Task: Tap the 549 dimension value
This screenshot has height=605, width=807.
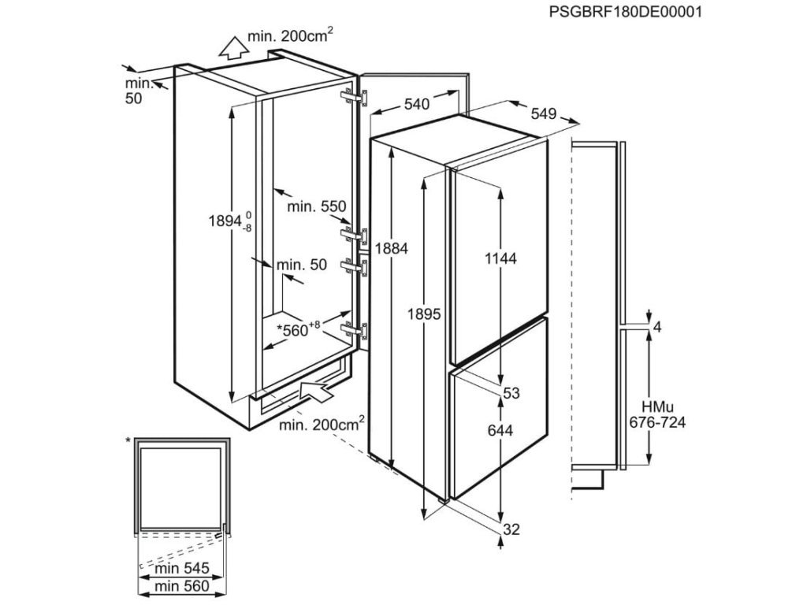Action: coord(544,113)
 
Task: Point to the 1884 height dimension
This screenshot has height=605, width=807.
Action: coord(392,247)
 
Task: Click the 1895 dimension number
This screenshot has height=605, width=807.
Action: coord(424,313)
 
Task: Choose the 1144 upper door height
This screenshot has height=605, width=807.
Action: coord(500,258)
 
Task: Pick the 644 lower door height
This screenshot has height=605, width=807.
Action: coord(500,430)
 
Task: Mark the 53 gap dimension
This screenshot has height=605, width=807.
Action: coord(512,394)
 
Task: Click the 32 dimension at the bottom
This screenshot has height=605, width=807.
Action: coord(511,529)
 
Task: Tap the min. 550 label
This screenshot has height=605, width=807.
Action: coord(317,206)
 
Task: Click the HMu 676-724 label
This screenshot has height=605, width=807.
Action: coord(657,414)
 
